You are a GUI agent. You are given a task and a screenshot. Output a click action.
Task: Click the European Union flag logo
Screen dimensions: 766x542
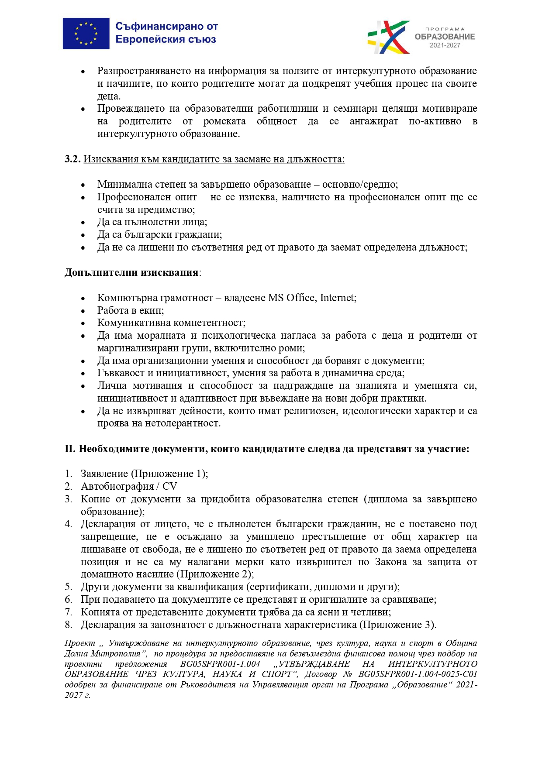[86, 34]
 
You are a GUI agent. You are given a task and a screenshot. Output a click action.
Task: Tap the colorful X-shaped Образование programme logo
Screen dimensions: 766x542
[388, 37]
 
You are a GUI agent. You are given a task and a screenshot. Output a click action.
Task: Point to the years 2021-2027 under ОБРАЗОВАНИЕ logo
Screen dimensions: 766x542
[445, 45]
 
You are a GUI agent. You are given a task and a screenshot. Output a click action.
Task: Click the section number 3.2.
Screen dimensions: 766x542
[72, 159]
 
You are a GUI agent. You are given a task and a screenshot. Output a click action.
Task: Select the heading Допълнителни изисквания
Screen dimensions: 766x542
[131, 273]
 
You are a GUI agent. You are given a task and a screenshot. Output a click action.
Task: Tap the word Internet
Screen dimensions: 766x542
[337, 298]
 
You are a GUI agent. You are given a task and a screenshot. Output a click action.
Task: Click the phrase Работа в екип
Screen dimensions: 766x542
[130, 311]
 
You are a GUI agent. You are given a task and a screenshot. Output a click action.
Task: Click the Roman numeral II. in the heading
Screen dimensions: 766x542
[70, 449]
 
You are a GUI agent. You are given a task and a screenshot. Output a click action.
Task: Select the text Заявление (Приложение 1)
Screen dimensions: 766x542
[144, 474]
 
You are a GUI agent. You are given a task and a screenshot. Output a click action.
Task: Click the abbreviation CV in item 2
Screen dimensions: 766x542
[169, 487]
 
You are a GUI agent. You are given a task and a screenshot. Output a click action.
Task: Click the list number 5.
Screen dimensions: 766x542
[68, 587]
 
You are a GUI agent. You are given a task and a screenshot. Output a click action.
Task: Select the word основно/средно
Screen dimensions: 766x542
[360, 185]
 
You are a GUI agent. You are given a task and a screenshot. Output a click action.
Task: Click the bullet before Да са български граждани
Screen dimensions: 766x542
[83, 235]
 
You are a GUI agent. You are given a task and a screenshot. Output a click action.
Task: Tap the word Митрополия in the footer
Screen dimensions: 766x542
[115, 654]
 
